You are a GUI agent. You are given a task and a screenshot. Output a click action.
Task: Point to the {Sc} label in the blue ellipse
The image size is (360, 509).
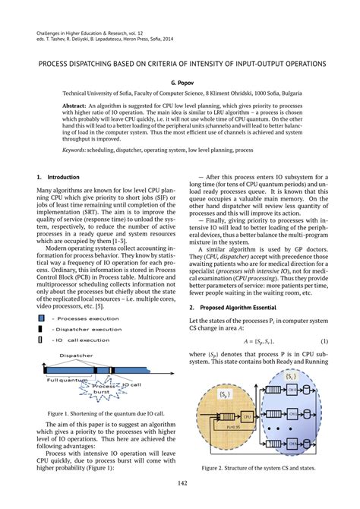(x=291, y=376)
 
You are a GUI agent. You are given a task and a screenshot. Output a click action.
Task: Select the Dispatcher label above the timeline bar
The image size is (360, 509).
(x=76, y=354)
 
